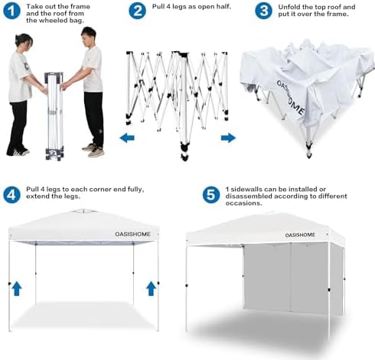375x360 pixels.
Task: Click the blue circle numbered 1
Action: (11, 11)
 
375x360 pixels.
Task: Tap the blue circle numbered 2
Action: (137, 11)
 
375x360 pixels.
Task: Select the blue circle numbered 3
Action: (263, 11)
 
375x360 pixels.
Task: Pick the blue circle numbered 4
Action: (11, 195)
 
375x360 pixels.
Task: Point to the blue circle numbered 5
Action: (211, 195)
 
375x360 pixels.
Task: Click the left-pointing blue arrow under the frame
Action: (127, 138)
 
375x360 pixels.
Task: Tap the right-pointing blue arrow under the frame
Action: (228, 138)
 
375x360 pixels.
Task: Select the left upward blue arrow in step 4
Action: (17, 288)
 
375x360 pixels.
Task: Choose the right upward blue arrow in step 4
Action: (151, 288)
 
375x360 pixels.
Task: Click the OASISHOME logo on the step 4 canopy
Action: (132, 234)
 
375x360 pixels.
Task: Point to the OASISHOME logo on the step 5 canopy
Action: (300, 235)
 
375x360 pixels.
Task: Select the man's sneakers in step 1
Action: (93, 150)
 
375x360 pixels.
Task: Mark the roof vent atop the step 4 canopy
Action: (83, 211)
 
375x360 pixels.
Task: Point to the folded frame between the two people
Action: (54, 116)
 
